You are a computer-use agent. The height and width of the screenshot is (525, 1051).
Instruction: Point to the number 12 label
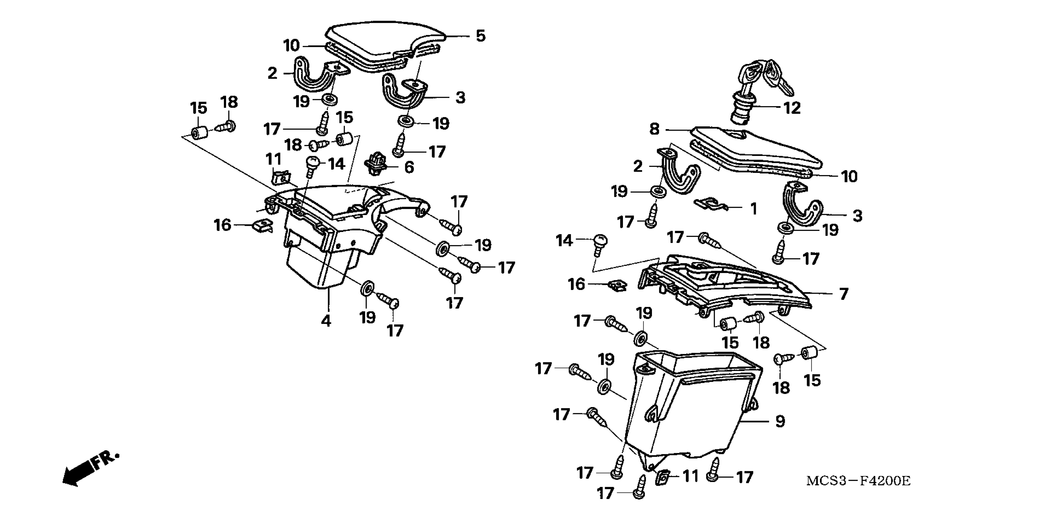792,108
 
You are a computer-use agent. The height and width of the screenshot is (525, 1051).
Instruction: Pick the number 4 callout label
326,321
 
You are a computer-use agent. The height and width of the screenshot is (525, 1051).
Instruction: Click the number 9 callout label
780,421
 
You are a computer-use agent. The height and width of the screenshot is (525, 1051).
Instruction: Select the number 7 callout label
844,294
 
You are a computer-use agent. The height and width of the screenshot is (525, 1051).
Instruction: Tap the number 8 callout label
654,129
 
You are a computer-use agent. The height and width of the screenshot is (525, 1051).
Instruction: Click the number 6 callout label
409,167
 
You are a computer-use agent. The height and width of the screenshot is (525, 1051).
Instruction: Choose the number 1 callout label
754,209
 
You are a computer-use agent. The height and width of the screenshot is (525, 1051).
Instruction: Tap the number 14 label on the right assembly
564,241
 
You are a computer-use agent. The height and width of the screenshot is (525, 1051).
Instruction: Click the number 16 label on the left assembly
222,225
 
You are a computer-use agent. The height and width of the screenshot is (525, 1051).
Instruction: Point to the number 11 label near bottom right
690,476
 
